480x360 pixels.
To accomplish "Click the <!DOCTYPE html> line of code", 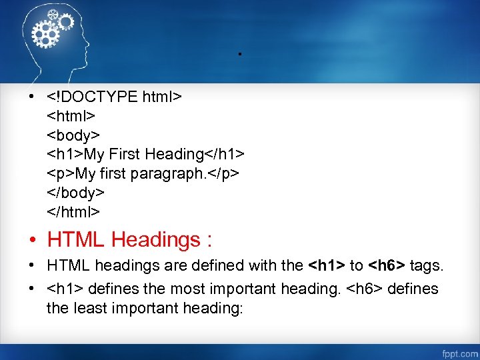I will (114, 97).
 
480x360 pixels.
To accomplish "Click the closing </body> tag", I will (75, 193).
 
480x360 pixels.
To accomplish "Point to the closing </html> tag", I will (73, 212).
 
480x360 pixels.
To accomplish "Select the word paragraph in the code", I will (164, 174).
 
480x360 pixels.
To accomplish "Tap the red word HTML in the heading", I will (76, 239).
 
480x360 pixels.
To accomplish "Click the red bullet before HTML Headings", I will (32, 240).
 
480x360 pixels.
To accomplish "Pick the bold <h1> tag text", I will (326, 266).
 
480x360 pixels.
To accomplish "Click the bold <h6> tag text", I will (387, 266).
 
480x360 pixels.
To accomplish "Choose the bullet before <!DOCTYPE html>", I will (32, 98).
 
